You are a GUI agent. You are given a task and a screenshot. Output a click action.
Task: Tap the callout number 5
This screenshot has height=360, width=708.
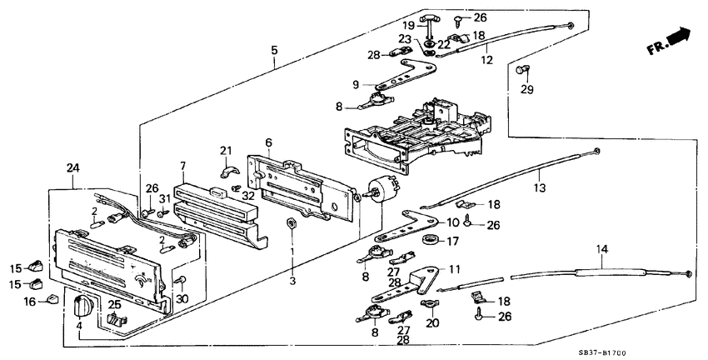click(274, 50)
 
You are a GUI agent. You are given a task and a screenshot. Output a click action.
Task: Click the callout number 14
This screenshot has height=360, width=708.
click(601, 249)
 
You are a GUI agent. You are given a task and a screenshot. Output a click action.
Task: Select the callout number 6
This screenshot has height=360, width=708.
click(268, 142)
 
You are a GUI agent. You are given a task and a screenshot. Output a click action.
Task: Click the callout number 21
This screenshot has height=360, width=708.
click(225, 149)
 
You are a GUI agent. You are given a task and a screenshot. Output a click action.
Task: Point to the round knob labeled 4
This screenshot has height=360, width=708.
click(82, 306)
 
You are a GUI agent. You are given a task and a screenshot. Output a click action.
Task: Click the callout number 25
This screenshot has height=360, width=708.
click(116, 305)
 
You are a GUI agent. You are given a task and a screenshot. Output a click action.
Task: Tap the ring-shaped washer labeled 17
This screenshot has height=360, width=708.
click(431, 242)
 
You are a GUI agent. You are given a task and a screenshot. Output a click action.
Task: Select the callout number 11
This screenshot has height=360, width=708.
click(454, 270)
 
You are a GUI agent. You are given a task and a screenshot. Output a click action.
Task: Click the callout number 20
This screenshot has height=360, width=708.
click(432, 322)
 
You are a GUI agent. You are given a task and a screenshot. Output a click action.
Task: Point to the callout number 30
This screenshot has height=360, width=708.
click(182, 299)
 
